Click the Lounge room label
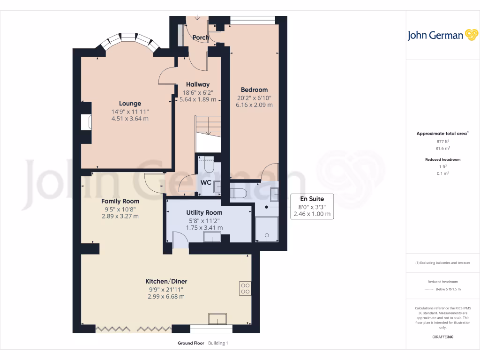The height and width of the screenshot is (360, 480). (x=130, y=104)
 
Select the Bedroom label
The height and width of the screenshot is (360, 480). (x=254, y=90)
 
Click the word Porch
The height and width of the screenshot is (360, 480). (x=201, y=37)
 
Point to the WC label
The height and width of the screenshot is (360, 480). (x=206, y=182)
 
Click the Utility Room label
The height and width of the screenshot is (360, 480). (x=204, y=212)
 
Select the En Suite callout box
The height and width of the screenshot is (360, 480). (x=312, y=206)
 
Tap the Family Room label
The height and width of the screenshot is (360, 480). (x=120, y=201)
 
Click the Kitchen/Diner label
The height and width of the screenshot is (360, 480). (x=166, y=281)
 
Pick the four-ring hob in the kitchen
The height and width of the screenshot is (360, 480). (x=245, y=288)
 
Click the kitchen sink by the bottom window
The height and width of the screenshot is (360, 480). (x=218, y=320)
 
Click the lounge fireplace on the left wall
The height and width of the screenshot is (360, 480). (x=86, y=122)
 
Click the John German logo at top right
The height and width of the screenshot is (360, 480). (x=442, y=35)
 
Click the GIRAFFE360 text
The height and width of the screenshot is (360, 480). (x=442, y=337)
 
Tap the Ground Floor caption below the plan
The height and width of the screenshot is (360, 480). (x=191, y=343)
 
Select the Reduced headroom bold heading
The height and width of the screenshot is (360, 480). (x=442, y=159)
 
